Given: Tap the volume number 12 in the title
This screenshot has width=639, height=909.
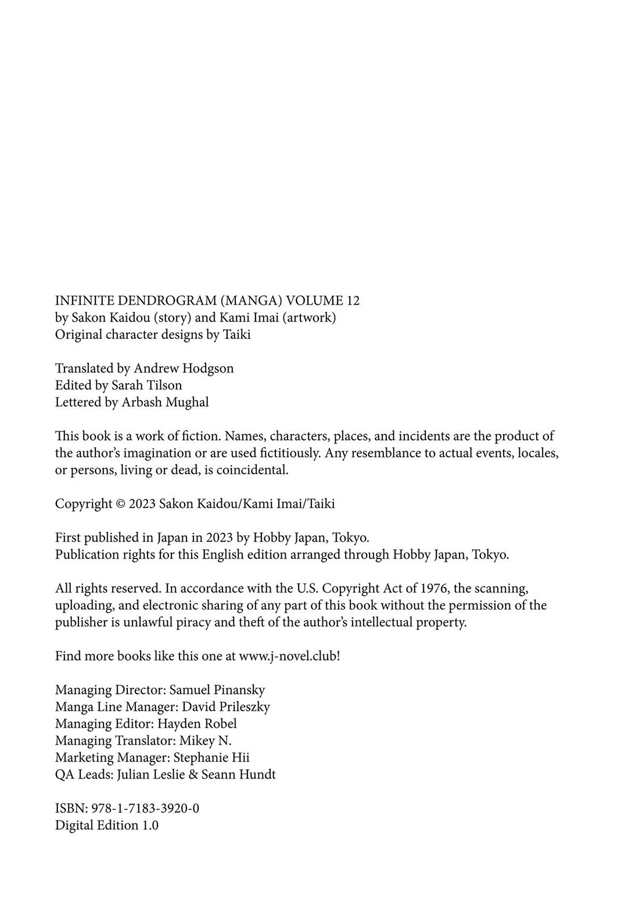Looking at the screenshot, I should (x=353, y=300).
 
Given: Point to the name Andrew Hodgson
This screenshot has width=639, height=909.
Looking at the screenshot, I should (x=184, y=368).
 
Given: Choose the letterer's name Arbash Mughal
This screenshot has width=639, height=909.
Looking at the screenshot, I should (x=165, y=402).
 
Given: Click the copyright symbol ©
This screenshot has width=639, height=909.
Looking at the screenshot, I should (x=120, y=504).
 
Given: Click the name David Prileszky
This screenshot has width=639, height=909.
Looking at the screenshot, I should (x=226, y=707).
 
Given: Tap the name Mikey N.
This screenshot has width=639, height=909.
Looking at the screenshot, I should (x=205, y=740).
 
